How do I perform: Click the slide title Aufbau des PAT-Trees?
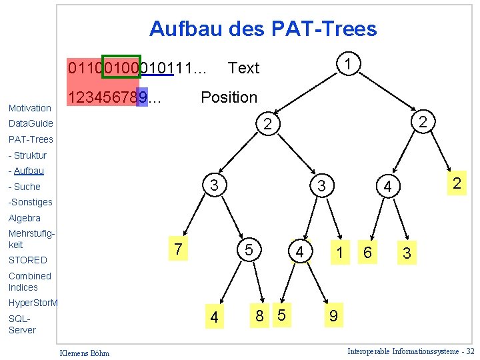(263, 29)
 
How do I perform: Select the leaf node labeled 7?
(178, 249)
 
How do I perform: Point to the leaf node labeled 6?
(367, 252)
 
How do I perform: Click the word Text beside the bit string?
(243, 68)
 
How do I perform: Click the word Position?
(229, 97)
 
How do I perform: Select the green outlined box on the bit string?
(121, 67)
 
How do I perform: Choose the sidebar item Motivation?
(30, 108)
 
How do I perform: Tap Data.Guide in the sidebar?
(31, 123)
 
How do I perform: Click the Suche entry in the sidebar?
(26, 187)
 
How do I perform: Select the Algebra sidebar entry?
(25, 218)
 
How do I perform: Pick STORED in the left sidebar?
(28, 260)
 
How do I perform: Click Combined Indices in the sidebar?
(29, 281)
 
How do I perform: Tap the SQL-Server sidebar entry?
(22, 324)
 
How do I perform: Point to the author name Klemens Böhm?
(85, 353)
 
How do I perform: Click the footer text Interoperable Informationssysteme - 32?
(411, 351)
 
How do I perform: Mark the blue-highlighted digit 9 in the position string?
(142, 97)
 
